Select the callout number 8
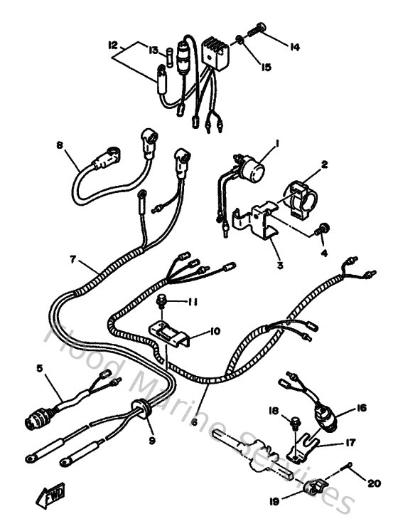[x=60, y=146]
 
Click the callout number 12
[x=112, y=44]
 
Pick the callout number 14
[x=294, y=46]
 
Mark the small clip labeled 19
[x=314, y=488]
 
